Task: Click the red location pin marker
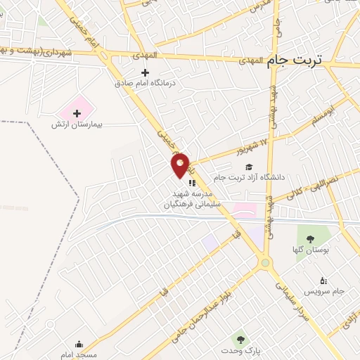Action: [x=181, y=164]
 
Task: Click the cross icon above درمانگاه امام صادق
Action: [x=146, y=72]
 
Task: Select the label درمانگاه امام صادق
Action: [x=146, y=83]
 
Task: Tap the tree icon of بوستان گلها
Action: [x=310, y=240]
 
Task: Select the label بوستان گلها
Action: [x=310, y=250]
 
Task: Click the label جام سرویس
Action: [x=323, y=290]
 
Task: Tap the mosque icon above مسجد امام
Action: [x=79, y=344]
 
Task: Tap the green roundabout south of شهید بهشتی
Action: [x=264, y=263]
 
